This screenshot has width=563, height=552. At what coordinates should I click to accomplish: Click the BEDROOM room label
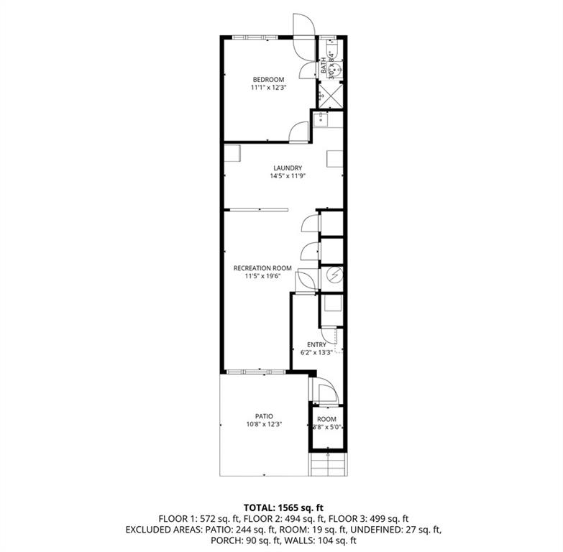tap(267, 79)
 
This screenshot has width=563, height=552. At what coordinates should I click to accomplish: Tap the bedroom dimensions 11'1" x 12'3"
tap(267, 88)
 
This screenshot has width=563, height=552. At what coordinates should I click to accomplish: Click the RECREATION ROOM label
tap(257, 268)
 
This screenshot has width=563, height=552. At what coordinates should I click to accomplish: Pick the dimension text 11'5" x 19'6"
tap(257, 276)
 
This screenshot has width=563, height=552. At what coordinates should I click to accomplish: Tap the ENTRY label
tap(316, 345)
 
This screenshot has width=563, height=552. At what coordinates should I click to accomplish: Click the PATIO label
tap(264, 416)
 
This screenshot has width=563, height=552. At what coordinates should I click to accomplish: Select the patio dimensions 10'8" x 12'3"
tap(264, 425)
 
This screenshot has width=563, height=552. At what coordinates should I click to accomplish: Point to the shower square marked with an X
tap(330, 95)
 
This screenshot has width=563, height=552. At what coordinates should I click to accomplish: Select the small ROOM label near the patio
tap(326, 420)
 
